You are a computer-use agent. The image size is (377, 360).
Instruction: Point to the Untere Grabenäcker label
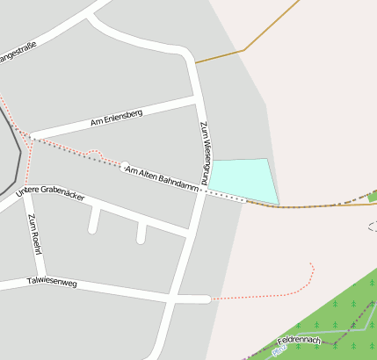(x=51, y=192)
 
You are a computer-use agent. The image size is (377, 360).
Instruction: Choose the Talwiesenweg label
(x=53, y=282)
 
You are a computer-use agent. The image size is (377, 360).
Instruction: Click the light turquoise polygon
(x=243, y=181)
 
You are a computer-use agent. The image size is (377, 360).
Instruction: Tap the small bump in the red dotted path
(x=96, y=155)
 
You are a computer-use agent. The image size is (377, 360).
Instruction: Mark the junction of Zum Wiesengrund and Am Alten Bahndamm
(x=205, y=190)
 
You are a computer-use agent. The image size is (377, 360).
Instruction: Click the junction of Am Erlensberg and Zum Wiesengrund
(x=195, y=99)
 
